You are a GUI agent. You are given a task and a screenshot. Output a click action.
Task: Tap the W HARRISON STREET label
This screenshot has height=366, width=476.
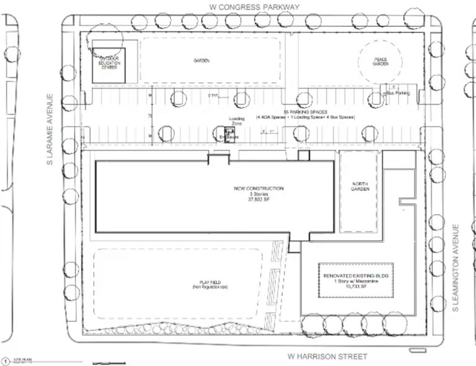[328, 357]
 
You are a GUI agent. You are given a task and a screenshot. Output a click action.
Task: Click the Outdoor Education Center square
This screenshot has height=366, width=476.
[109, 64]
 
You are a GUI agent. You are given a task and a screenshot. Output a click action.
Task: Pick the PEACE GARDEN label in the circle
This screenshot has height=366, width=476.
[381, 61]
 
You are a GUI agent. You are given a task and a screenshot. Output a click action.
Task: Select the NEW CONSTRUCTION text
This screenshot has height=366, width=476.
[258, 189]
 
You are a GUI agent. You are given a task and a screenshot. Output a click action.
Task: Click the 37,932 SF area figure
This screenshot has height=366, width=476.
[258, 200]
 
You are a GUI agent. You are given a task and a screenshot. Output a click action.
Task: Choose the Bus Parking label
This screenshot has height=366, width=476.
[397, 93]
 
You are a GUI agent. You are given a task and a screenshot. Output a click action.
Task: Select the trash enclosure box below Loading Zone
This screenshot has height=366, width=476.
[227, 135]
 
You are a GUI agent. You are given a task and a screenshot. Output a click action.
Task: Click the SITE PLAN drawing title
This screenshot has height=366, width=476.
[22, 359]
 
